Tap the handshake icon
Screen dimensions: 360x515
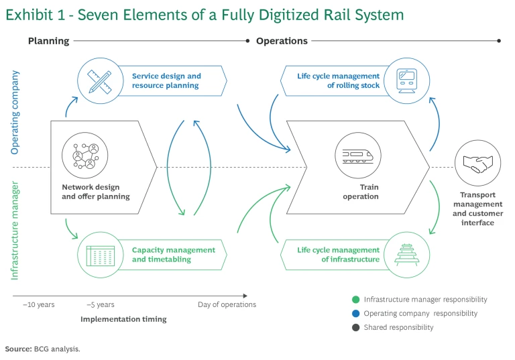click(x=477, y=163)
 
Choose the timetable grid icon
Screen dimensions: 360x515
click(x=99, y=254)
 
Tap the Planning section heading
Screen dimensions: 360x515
click(x=48, y=41)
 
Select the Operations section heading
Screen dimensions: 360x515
click(x=282, y=41)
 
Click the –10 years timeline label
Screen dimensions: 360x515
click(x=39, y=304)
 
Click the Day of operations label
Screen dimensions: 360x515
click(x=227, y=304)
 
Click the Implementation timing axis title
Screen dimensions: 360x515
click(x=123, y=319)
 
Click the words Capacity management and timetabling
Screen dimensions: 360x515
click(x=173, y=254)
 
